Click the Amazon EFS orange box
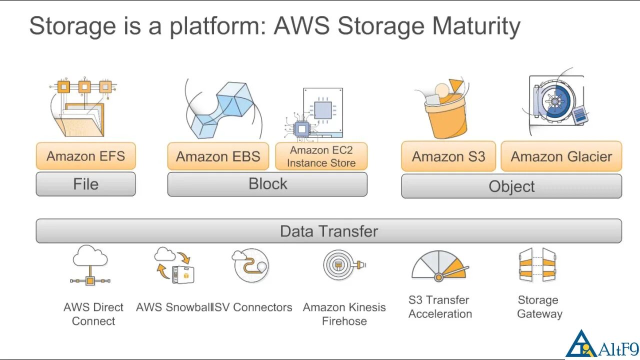[x=85, y=156]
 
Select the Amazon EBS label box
[x=218, y=156]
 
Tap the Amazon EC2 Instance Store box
[x=321, y=156]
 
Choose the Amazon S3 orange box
[x=448, y=156]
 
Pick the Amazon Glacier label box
[x=561, y=156]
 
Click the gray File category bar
[x=85, y=184]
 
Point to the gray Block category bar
[x=267, y=184]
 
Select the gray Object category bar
[x=511, y=186]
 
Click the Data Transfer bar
[x=328, y=231]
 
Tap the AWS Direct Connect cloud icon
[x=90, y=265]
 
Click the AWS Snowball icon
[x=174, y=265]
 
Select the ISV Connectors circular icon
[x=251, y=265]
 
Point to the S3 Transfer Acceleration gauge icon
[x=440, y=266]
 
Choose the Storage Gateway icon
[x=537, y=265]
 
